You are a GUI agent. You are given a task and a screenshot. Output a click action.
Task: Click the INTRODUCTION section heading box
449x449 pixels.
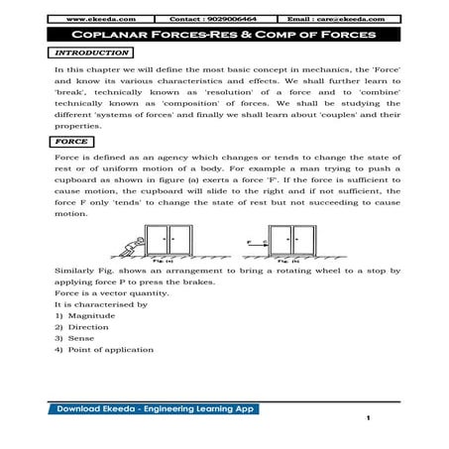point(87,51)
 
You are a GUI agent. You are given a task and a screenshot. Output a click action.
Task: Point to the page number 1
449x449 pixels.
point(367,419)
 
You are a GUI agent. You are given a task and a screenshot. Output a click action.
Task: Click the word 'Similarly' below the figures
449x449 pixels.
point(74,270)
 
